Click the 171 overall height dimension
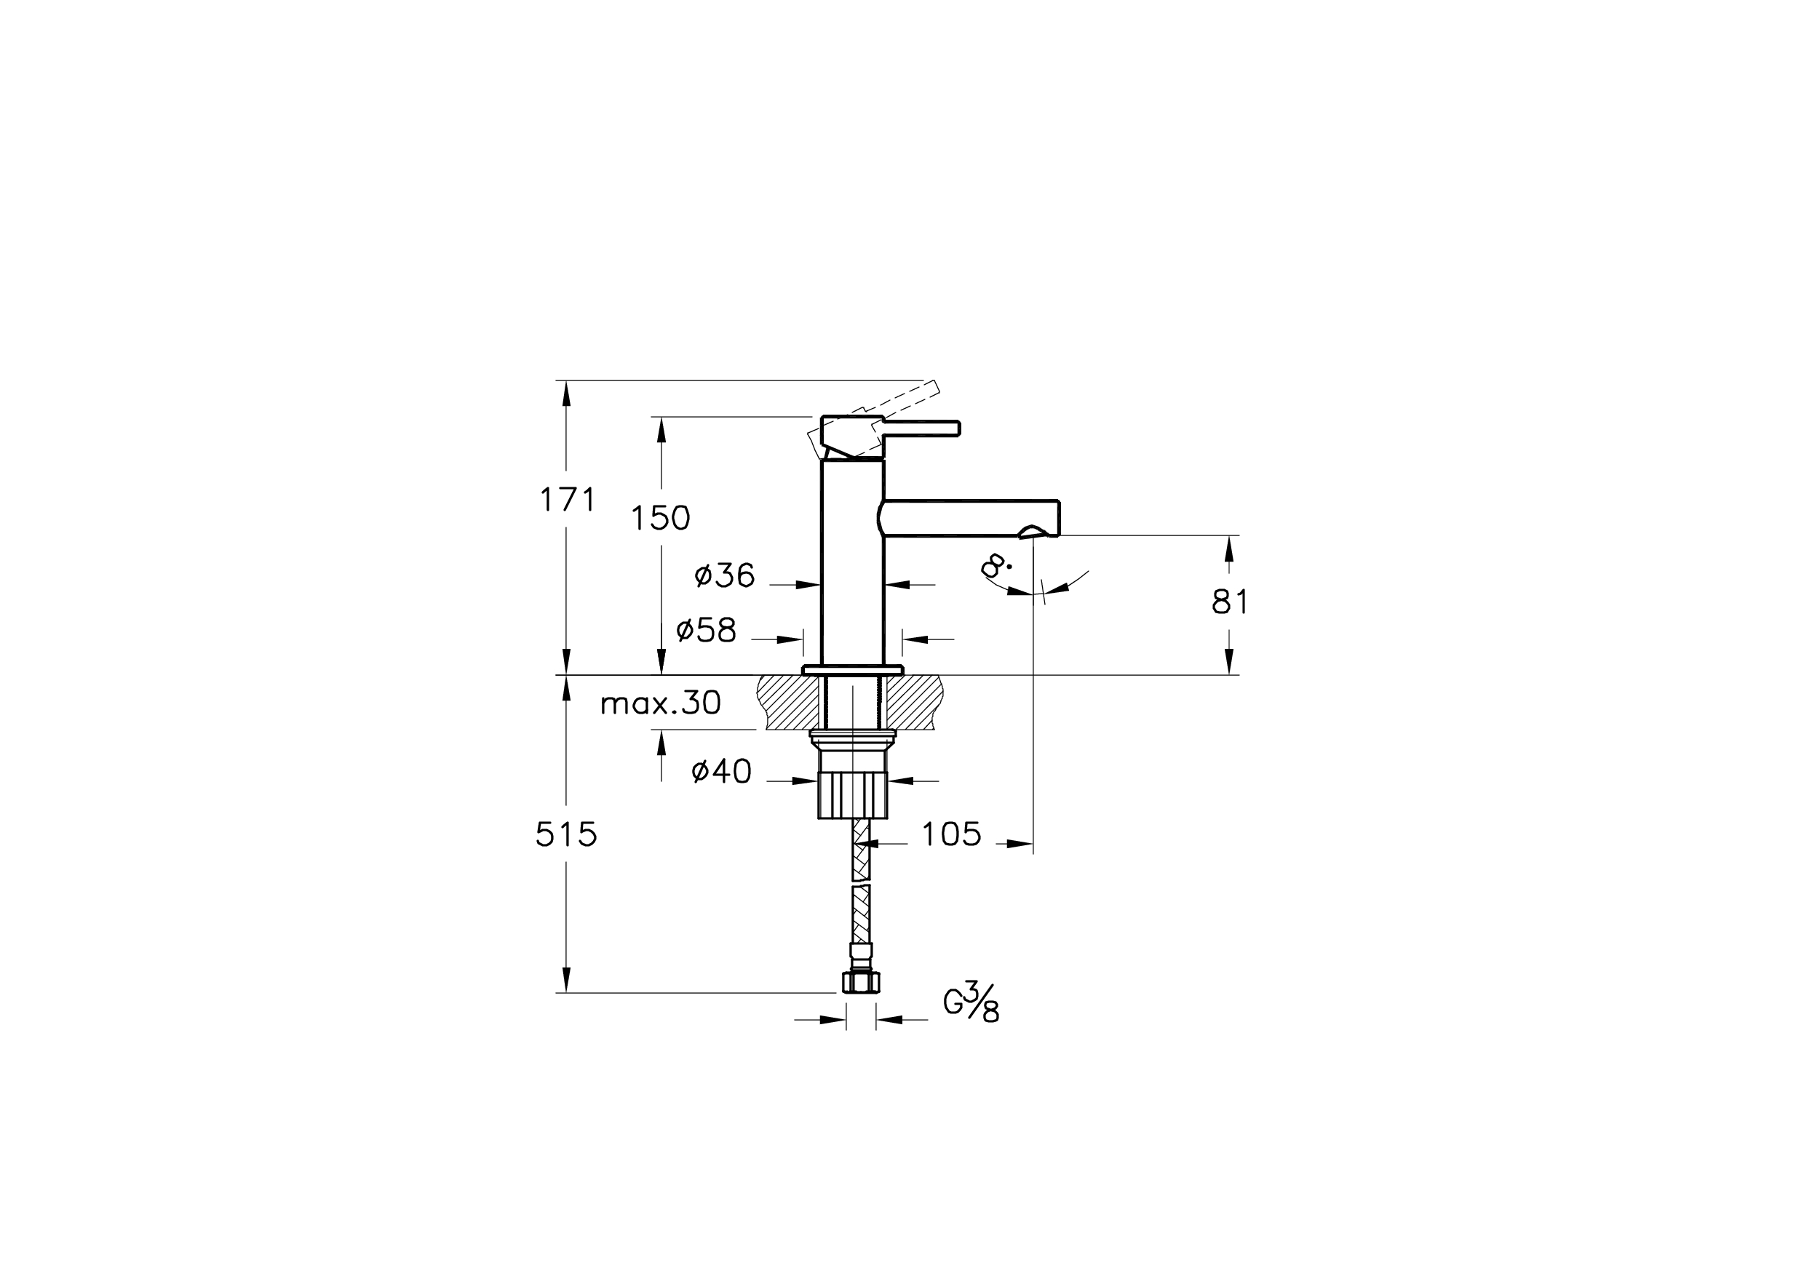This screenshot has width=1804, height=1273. tap(568, 500)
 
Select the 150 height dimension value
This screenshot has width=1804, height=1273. tap(661, 519)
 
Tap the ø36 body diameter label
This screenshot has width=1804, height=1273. tap(724, 575)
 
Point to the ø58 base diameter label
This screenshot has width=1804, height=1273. tap(707, 630)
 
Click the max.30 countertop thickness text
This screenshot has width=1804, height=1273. tap(660, 703)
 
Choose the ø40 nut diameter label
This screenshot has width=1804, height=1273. tap(721, 772)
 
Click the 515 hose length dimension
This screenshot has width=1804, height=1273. tap(566, 835)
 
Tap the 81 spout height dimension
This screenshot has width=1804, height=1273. tap(1230, 602)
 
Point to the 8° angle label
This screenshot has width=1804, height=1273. tap(996, 566)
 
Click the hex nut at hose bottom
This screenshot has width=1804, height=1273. tap(860, 983)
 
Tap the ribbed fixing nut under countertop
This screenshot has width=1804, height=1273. tap(852, 795)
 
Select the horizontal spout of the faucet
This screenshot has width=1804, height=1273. tap(970, 519)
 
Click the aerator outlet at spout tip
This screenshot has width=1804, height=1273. tap(1033, 533)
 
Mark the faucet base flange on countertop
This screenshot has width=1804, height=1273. tap(852, 670)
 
